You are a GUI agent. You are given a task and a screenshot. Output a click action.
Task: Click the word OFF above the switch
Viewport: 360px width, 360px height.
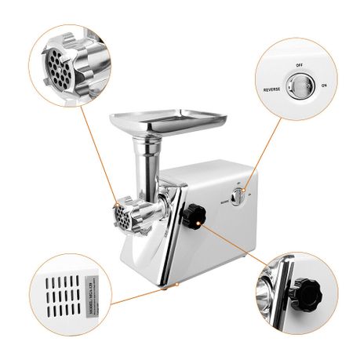point(300,67)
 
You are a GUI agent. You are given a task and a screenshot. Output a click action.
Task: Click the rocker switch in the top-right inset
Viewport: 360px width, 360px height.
point(298,85)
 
